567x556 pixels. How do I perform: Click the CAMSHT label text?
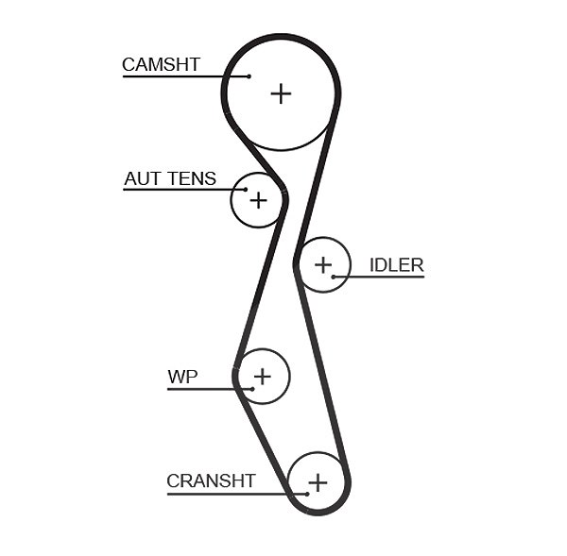click(x=161, y=65)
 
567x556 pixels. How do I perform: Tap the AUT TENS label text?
click(x=170, y=178)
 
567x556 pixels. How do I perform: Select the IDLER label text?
click(x=396, y=265)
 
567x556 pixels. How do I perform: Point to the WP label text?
click(x=182, y=377)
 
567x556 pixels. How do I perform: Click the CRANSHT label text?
click(x=211, y=480)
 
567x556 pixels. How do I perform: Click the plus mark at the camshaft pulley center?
click(x=281, y=93)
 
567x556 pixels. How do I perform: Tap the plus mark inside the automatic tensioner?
click(x=258, y=200)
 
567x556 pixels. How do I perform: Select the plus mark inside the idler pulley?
click(x=323, y=265)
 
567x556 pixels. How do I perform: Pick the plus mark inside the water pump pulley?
click(x=263, y=377)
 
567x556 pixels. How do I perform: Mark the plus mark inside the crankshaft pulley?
click(x=318, y=482)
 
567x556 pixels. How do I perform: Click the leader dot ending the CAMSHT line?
click(x=249, y=76)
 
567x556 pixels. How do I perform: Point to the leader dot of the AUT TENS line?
click(x=246, y=190)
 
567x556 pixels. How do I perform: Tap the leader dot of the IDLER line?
click(x=334, y=277)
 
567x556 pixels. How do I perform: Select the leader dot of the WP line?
click(x=252, y=389)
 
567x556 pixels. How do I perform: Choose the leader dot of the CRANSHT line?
click(x=307, y=494)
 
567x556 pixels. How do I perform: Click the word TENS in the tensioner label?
click(x=193, y=178)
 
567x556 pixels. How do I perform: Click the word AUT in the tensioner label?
click(x=144, y=178)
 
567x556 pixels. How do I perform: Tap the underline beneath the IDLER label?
click(x=379, y=277)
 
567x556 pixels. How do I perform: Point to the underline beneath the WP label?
click(x=210, y=389)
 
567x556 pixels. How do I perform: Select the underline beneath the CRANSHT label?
click(x=237, y=494)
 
